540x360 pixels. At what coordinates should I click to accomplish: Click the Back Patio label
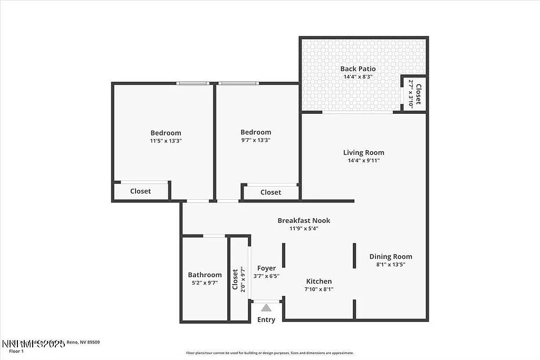click(x=358, y=69)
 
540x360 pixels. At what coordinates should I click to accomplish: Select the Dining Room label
click(x=391, y=257)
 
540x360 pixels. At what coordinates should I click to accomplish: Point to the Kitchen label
click(x=319, y=281)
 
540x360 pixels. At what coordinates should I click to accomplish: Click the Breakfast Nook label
click(x=304, y=220)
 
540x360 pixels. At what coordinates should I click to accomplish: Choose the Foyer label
click(x=266, y=268)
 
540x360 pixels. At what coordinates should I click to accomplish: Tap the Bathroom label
click(x=205, y=275)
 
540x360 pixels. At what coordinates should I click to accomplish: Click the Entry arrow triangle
click(x=266, y=308)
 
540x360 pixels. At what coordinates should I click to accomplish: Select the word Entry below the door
click(x=266, y=319)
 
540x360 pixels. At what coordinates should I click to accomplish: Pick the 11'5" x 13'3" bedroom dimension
click(x=166, y=141)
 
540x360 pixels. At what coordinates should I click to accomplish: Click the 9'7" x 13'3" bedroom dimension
click(x=255, y=140)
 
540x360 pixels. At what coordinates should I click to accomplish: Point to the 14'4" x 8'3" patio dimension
click(x=358, y=77)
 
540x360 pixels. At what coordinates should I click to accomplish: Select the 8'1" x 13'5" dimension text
click(x=391, y=265)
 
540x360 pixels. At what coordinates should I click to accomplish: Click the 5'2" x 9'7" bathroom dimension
click(x=205, y=283)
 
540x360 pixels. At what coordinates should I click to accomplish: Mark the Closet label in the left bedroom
click(x=140, y=191)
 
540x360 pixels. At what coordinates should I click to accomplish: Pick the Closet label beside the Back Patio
click(x=418, y=94)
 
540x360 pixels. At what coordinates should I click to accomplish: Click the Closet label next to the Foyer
click(x=235, y=279)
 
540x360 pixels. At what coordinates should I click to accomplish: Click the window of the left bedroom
click(x=192, y=83)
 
